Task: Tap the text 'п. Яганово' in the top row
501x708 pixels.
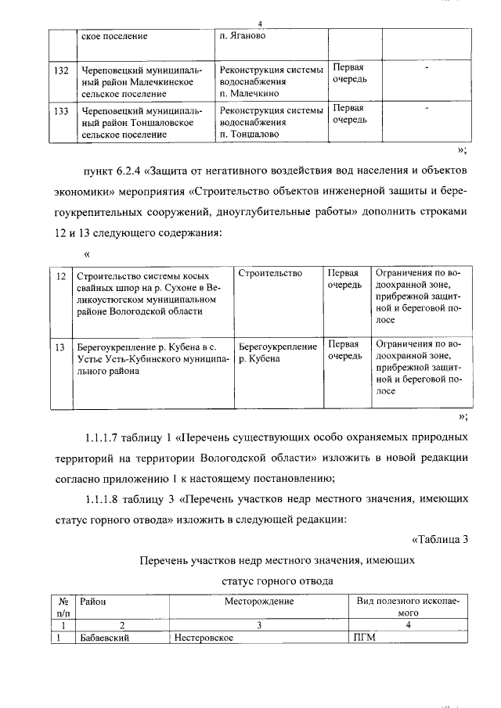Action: pos(244,36)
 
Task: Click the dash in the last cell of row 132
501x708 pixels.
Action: pos(427,70)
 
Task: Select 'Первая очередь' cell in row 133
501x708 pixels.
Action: pos(350,115)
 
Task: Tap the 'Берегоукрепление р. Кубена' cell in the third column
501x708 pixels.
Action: pos(277,352)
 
